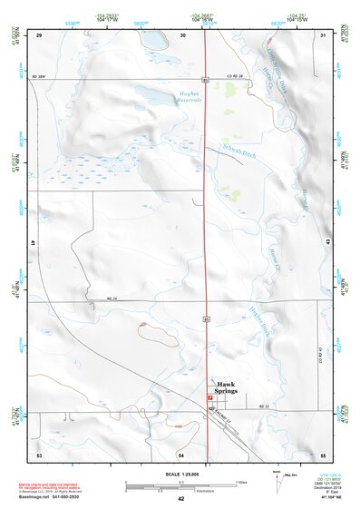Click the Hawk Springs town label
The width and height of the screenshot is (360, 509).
226,387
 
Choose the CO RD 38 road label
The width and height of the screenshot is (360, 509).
235,76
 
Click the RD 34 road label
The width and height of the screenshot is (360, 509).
112,299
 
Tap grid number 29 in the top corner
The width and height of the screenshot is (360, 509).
40,35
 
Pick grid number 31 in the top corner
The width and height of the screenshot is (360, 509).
324,35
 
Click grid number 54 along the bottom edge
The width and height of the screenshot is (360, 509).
180,454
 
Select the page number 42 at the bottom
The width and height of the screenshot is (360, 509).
180,499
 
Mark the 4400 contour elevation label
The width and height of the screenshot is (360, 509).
179,426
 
